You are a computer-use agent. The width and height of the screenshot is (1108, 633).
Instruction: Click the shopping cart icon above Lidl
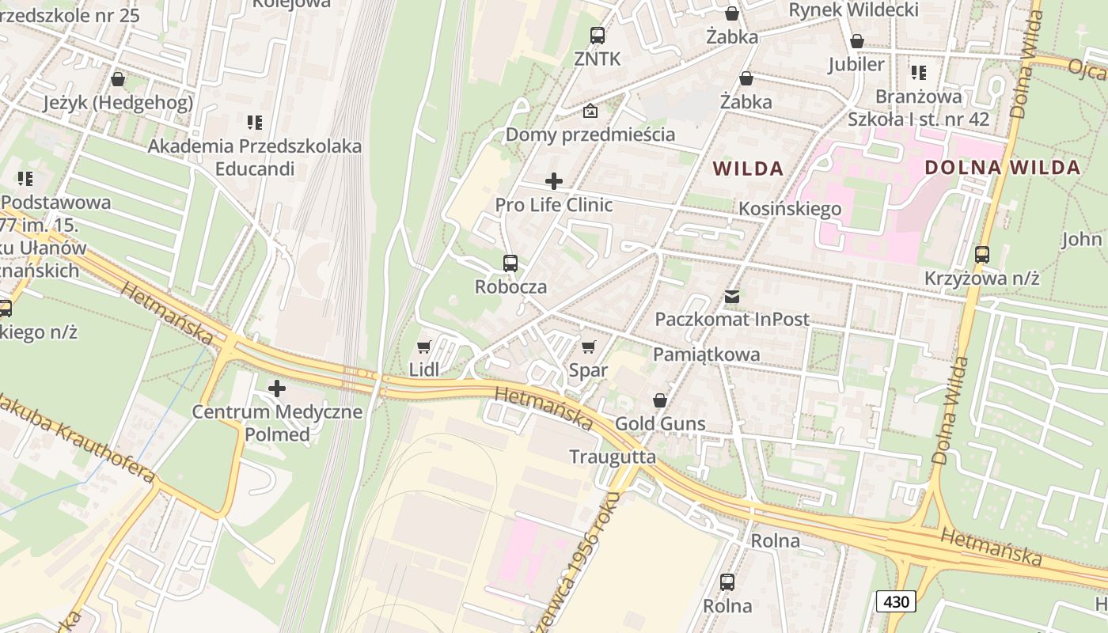tap(423, 347)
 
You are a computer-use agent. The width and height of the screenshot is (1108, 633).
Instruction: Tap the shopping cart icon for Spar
tap(588, 347)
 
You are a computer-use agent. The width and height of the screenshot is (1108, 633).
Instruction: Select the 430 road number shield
tap(896, 601)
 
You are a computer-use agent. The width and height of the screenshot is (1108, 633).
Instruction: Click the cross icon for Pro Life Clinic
tap(554, 181)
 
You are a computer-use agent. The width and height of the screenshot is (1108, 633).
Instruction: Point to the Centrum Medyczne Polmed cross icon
tap(277, 389)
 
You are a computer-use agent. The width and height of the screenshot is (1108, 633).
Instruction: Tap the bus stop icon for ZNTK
tap(597, 36)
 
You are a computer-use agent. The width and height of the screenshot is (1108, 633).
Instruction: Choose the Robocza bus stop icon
tap(510, 263)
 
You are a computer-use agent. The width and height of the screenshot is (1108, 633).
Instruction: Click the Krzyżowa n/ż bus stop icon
tap(982, 255)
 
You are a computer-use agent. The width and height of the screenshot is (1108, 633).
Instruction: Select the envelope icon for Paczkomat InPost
tap(732, 297)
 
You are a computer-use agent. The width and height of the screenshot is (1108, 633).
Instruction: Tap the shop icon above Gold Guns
tap(660, 400)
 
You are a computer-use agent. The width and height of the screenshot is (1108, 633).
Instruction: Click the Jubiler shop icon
tap(856, 41)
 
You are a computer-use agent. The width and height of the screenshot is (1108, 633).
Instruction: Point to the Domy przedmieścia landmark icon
tap(590, 111)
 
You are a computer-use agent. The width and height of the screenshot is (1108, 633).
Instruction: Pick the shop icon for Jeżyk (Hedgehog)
tap(118, 79)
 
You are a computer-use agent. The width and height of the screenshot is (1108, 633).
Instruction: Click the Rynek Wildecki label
tap(854, 9)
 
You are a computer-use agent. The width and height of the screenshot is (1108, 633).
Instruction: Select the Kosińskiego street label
tap(790, 209)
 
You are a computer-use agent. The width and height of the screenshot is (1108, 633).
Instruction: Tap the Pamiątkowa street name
tap(706, 354)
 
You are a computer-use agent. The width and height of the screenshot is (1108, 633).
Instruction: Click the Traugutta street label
tap(613, 457)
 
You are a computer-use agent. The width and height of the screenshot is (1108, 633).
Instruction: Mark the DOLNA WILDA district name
tap(1002, 168)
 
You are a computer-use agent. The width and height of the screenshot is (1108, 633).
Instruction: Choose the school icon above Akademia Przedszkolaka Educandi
tap(254, 123)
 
